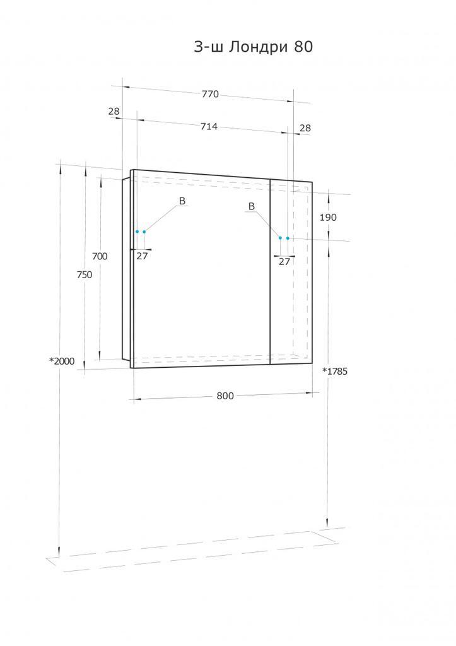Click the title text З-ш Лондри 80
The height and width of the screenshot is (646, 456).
point(253,47)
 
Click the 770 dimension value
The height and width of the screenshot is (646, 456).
point(210,94)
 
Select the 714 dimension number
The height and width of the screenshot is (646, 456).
point(209,126)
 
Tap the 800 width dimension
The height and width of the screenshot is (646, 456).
point(225,396)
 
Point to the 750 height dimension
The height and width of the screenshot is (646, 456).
point(84,274)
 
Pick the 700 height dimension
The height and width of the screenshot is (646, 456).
point(100,256)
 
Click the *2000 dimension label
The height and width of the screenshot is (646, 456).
point(62,361)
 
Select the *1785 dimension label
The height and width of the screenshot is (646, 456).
point(335,371)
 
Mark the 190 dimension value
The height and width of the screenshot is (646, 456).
point(328,217)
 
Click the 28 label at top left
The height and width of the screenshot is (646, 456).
point(114,111)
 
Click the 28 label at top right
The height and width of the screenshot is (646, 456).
point(305,127)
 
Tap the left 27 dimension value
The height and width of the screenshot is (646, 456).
point(142,255)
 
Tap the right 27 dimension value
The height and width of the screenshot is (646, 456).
point(284,261)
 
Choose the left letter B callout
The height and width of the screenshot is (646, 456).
point(182,201)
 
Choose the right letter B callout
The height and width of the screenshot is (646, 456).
point(251,206)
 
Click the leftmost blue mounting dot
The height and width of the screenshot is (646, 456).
point(137,232)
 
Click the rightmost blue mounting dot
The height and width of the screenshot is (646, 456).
point(288,238)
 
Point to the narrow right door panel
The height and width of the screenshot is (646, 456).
point(291,271)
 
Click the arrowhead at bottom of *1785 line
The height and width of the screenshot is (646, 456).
point(327,525)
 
